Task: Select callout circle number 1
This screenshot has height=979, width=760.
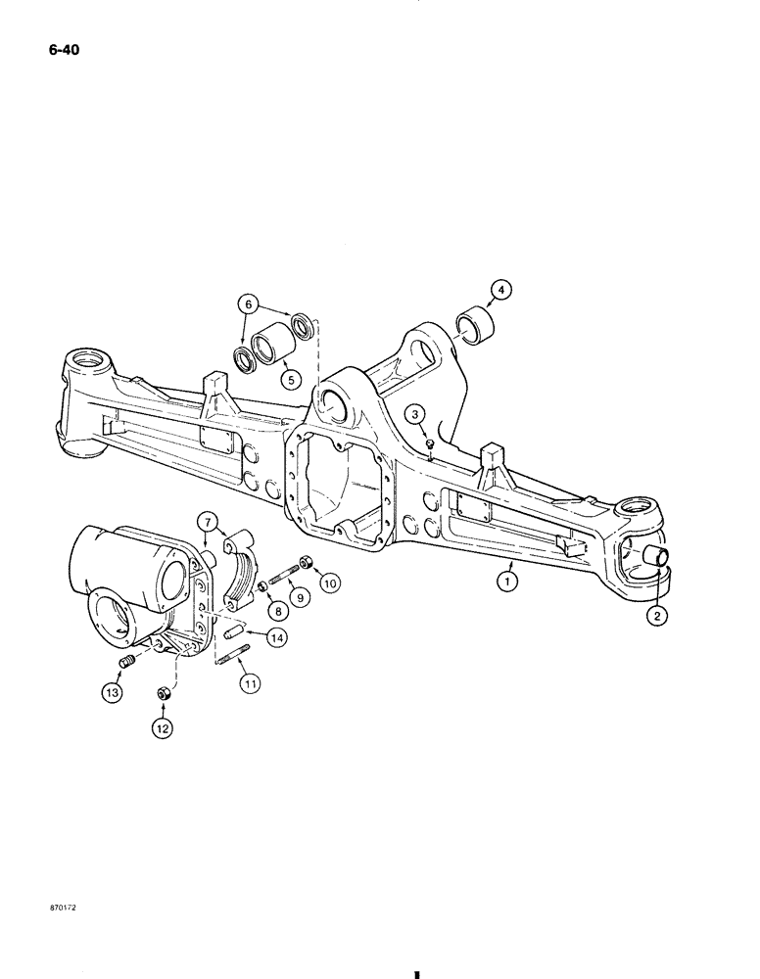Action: (505, 581)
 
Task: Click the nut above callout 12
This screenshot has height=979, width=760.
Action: (164, 694)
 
